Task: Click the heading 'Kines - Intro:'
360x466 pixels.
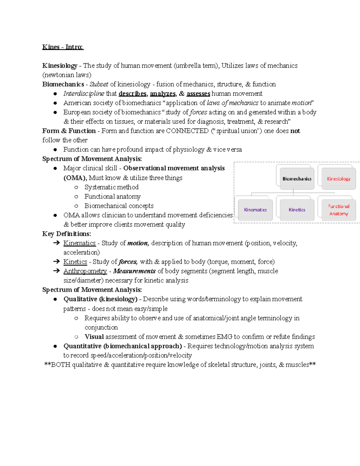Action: [x=63, y=47]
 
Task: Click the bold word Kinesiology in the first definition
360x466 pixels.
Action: [x=60, y=66]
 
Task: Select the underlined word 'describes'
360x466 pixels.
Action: [x=133, y=94]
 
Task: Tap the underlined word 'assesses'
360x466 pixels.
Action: [x=198, y=94]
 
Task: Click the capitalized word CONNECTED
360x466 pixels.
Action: [x=187, y=131]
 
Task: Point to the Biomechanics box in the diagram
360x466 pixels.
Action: [x=297, y=179]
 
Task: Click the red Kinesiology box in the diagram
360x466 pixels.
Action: [x=338, y=179]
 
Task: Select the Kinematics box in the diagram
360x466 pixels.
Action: [x=255, y=210]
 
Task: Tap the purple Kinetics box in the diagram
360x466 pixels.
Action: [x=297, y=210]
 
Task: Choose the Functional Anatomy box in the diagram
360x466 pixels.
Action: [x=338, y=210]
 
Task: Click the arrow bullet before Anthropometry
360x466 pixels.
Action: [x=56, y=271]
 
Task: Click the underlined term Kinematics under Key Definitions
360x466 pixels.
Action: [x=79, y=243]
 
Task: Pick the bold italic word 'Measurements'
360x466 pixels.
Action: [x=134, y=271]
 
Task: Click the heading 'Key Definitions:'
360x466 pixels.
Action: [x=67, y=234]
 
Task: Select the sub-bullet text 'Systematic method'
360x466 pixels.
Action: [x=111, y=187]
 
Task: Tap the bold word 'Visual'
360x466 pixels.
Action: [x=94, y=337]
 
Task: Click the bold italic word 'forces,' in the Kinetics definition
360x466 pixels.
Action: [x=128, y=262]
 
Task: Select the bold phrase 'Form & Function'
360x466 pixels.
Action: [x=69, y=131]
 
